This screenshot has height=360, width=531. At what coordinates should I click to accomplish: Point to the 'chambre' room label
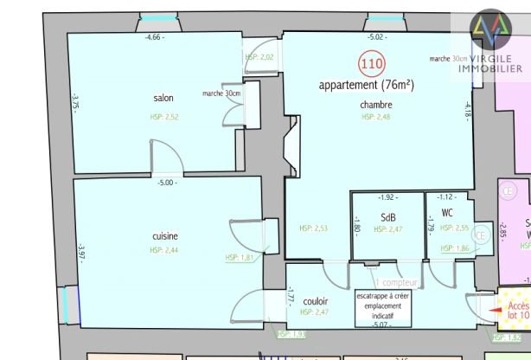click(x=376, y=105)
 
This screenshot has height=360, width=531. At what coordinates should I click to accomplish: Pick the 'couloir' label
click(x=316, y=301)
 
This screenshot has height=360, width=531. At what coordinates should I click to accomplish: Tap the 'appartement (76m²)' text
click(x=366, y=85)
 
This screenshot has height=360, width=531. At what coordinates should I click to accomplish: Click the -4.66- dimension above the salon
click(x=154, y=37)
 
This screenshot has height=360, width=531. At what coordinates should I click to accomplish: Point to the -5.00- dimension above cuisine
click(x=166, y=183)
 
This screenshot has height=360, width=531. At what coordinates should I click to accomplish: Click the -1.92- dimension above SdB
click(x=387, y=197)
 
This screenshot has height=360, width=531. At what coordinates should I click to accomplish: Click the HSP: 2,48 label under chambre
click(x=376, y=117)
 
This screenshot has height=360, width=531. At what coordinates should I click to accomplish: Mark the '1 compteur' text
click(x=397, y=282)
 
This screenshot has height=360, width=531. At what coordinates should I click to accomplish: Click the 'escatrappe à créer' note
click(x=383, y=295)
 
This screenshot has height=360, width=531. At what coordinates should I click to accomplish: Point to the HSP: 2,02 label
click(x=259, y=56)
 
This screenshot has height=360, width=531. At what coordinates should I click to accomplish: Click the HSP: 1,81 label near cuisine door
click(x=239, y=257)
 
